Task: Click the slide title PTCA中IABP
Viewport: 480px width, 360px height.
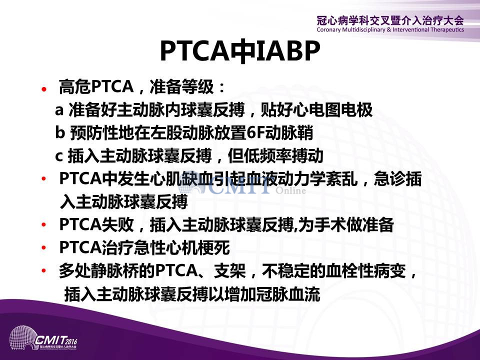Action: click(x=240, y=51)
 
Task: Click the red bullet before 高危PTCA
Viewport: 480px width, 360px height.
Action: click(x=44, y=89)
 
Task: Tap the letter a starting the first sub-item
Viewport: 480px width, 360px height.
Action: click(x=59, y=110)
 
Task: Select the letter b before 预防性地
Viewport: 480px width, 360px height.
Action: click(x=60, y=132)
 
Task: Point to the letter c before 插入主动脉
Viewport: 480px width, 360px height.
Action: click(x=59, y=156)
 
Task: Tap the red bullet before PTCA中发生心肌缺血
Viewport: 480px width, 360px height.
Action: click(x=44, y=178)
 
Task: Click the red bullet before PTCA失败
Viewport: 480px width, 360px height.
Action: click(x=44, y=224)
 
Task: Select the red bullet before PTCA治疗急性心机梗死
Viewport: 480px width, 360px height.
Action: click(x=44, y=247)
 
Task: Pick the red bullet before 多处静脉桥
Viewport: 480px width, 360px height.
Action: click(x=44, y=270)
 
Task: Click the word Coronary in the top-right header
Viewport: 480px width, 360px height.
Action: click(x=328, y=30)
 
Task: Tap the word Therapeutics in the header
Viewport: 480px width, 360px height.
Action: click(x=447, y=29)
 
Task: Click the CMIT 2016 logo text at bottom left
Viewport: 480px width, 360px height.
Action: click(x=56, y=340)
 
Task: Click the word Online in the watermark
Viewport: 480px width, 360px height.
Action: click(x=290, y=190)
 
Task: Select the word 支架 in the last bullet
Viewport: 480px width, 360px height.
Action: click(x=229, y=271)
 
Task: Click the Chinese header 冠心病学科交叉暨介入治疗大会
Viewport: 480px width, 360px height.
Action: click(x=390, y=21)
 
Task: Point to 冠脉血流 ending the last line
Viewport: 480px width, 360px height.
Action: click(x=288, y=294)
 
